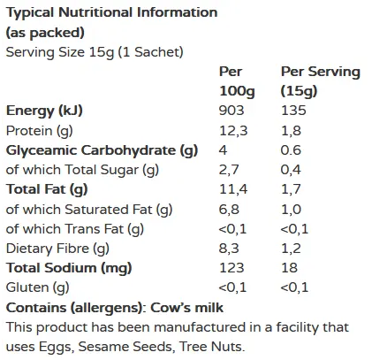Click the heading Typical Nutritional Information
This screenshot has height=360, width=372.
[111, 12]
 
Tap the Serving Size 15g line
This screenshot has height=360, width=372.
[95, 51]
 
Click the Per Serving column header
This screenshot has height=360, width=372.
[320, 80]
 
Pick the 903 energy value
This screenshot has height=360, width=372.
[232, 111]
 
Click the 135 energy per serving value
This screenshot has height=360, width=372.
[293, 111]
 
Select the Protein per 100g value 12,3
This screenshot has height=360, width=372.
[232, 130]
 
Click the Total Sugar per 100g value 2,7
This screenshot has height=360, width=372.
[229, 169]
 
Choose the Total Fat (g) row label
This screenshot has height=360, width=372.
[48, 188]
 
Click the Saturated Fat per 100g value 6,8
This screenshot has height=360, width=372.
[229, 209]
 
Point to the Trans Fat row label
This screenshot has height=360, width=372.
[74, 228]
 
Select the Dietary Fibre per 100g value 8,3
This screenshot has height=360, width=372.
[229, 248]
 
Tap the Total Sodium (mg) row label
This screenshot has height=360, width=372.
[68, 267]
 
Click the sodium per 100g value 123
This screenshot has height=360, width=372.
[231, 267]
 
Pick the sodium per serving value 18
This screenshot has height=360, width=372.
[289, 267]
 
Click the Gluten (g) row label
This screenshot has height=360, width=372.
[37, 287]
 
